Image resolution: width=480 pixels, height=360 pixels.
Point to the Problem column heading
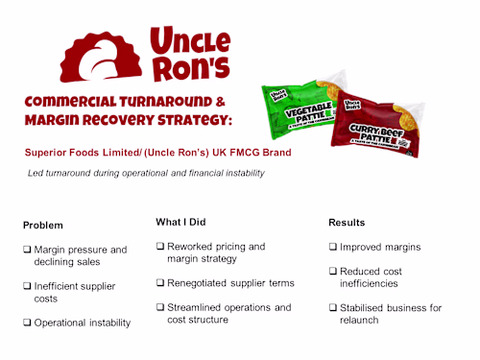pos(44,225)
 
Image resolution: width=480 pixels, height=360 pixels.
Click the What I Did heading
pos(180,222)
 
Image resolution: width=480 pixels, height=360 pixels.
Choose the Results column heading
pos(347,222)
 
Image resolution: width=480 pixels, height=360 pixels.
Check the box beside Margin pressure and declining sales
pos(27,250)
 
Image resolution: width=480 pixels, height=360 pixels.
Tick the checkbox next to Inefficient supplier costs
pos(27,286)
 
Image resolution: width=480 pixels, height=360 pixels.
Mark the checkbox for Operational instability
pos(27,323)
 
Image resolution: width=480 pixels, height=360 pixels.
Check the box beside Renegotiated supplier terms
pos(159,282)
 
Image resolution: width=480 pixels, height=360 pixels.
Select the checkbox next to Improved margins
pos(332,247)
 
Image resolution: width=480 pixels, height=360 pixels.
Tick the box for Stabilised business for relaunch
pos(332,307)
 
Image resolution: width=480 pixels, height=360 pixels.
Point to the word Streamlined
pos(198,307)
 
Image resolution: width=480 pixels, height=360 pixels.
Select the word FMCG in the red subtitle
pos(244,152)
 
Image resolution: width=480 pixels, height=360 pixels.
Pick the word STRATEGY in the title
pos(189,120)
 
